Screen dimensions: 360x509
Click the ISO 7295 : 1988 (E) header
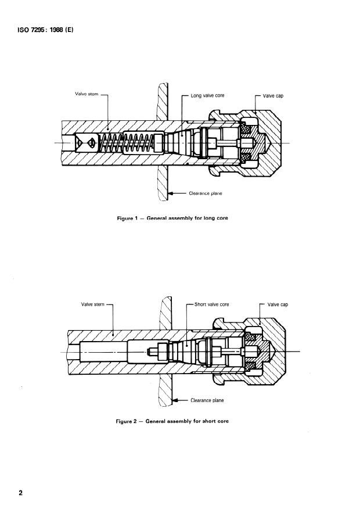[x=45, y=30]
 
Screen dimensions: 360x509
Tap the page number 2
[x=21, y=493]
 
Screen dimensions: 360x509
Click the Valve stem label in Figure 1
[x=87, y=94]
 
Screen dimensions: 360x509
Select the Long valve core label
[x=207, y=95]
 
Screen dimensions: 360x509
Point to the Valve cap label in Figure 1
[x=273, y=96]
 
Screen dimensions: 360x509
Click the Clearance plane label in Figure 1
[x=206, y=193]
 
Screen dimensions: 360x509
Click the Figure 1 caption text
[x=172, y=218]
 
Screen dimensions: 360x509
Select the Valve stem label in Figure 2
[x=93, y=304]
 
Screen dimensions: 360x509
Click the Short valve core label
[x=212, y=304]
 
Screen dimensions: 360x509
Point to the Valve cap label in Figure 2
[x=278, y=304]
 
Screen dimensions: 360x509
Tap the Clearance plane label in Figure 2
[x=207, y=400]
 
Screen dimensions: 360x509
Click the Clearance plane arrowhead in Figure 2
[x=175, y=400]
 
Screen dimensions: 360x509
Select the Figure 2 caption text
[x=172, y=421]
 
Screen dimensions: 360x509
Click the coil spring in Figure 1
[x=127, y=143]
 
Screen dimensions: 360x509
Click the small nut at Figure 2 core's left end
[x=161, y=352]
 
